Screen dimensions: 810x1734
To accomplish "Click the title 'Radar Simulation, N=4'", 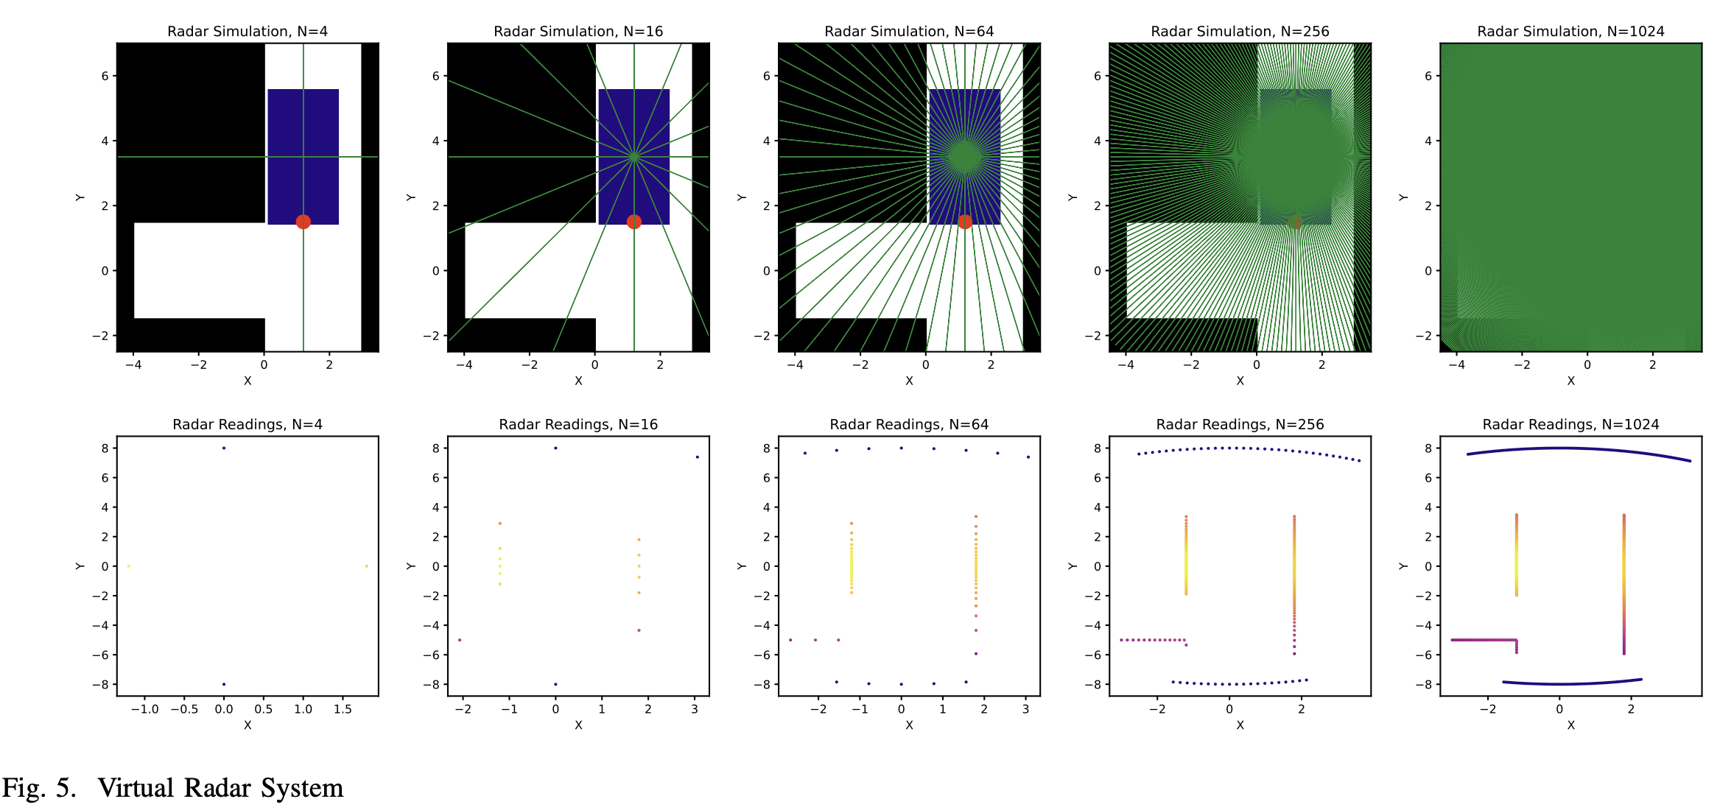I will click(x=248, y=32).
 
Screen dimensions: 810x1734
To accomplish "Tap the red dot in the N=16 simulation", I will click(x=633, y=222).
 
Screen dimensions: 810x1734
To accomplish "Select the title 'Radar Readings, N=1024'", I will click(x=1570, y=425).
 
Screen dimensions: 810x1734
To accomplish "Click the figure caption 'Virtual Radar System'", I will click(x=220, y=788).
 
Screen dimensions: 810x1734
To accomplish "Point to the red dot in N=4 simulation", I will click(x=303, y=222).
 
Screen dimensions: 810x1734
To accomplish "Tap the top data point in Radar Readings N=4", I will click(x=224, y=448).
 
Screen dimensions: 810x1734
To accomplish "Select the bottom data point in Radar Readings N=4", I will click(x=224, y=684).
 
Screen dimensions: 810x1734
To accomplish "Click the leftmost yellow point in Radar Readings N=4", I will click(x=129, y=566).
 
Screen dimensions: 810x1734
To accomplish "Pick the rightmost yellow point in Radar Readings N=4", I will click(x=366, y=566).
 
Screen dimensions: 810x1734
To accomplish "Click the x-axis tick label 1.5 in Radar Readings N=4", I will click(x=343, y=709).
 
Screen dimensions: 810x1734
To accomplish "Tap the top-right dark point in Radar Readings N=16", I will click(x=697, y=457).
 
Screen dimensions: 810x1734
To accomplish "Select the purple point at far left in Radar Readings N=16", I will click(x=460, y=640).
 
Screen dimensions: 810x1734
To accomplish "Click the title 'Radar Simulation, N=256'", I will click(x=1240, y=32).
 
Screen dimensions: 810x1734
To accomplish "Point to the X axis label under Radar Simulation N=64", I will click(x=909, y=381).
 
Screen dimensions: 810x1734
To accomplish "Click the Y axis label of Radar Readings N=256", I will click(x=1073, y=566).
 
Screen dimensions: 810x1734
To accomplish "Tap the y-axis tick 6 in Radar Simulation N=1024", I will click(x=1428, y=76).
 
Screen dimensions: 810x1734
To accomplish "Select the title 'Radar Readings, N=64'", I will click(x=909, y=425).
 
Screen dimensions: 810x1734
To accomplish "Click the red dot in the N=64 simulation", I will click(x=964, y=222).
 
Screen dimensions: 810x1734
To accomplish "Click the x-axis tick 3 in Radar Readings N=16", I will click(x=695, y=709).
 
